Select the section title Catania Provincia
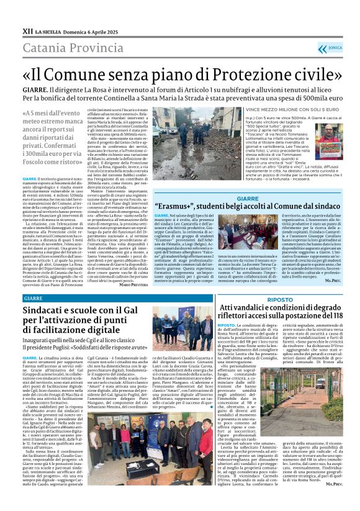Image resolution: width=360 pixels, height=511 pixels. pos(66,47)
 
